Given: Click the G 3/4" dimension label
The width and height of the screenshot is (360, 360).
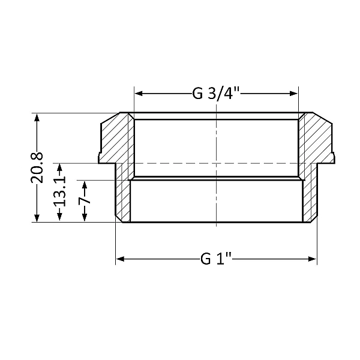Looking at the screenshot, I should [217, 94].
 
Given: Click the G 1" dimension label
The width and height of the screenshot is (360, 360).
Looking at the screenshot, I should [217, 259].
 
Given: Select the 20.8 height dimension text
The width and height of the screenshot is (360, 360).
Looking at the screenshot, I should [37, 167].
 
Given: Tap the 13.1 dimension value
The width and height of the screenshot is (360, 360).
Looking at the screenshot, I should [59, 193].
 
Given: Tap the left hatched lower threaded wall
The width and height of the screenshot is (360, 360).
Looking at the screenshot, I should [123, 198].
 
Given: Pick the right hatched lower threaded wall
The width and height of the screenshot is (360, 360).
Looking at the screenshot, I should [308, 198].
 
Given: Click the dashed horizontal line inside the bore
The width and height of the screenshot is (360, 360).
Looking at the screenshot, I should [216, 163].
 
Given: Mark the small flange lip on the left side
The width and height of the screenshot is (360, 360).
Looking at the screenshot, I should [101, 158].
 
